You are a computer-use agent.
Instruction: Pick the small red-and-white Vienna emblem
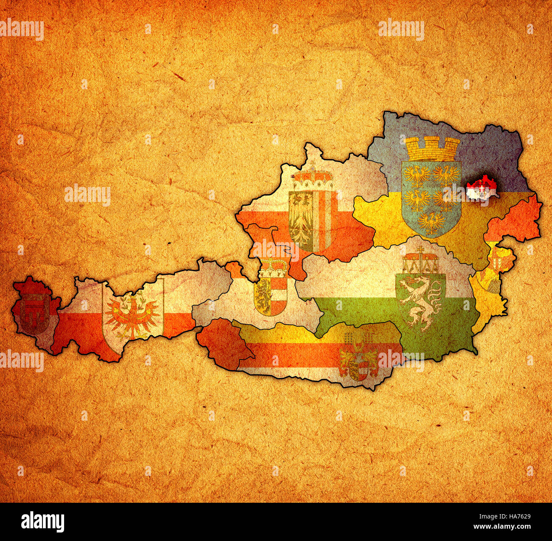[x=482, y=187]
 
